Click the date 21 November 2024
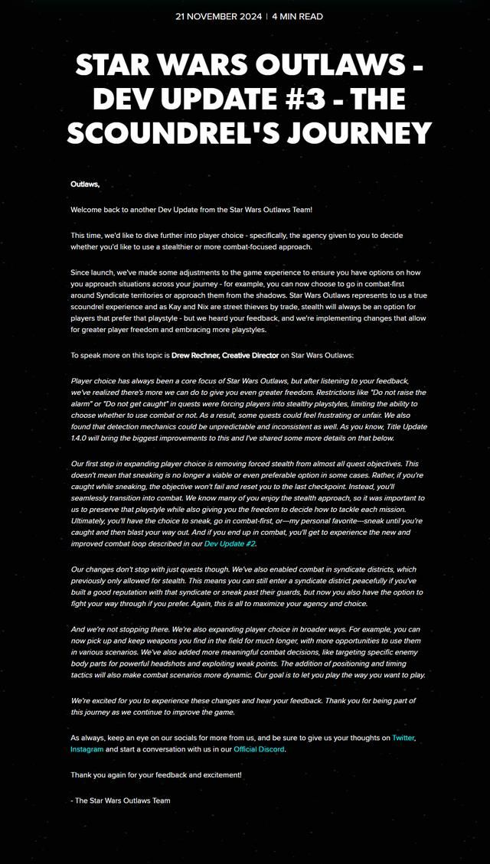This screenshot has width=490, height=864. (218, 16)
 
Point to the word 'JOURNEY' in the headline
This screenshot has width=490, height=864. (370, 134)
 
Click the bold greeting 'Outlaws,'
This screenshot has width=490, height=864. (85, 184)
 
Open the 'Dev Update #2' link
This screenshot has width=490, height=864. (230, 543)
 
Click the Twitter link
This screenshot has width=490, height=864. (403, 738)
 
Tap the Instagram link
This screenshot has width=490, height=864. (87, 749)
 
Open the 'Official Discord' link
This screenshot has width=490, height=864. (259, 749)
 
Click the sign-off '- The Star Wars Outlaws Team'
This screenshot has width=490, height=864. (120, 800)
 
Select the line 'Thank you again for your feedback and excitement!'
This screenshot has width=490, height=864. (156, 774)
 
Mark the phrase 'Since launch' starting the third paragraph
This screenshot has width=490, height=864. (93, 272)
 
